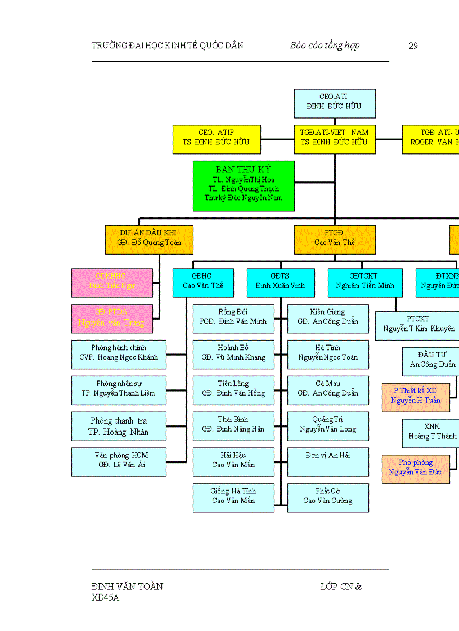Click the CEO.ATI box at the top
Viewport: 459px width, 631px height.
[335, 103]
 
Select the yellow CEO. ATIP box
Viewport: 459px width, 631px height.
[217, 139]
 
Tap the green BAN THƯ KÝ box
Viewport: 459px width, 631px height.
[244, 186]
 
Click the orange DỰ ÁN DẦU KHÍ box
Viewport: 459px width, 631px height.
[149, 239]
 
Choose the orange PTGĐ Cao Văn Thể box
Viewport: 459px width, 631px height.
[335, 239]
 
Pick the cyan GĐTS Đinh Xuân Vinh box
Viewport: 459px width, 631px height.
[280, 282]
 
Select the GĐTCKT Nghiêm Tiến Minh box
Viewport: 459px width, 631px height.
[365, 282]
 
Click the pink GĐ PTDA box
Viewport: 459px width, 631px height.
[112, 319]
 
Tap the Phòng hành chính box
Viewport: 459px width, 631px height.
[119, 354]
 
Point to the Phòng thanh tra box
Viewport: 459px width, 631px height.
[119, 426]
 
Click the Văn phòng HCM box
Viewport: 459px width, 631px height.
[119, 462]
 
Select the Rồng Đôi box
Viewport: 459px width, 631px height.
[233, 318]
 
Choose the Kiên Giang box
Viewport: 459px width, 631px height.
[328, 318]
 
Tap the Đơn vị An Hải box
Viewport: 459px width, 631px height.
[328, 462]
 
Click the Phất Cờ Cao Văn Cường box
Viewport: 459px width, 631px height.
[328, 498]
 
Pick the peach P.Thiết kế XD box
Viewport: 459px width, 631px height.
[416, 397]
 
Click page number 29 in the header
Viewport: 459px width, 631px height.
[413, 46]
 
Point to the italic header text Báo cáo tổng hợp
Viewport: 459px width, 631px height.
[325, 46]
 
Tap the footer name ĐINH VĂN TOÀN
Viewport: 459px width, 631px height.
[127, 587]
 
